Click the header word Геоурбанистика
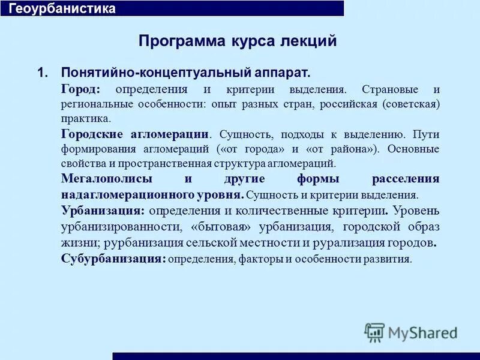[x=62, y=9]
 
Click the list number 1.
[x=41, y=73]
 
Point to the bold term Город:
[x=81, y=89]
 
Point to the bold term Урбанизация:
[x=103, y=211]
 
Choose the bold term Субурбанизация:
[x=113, y=259]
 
